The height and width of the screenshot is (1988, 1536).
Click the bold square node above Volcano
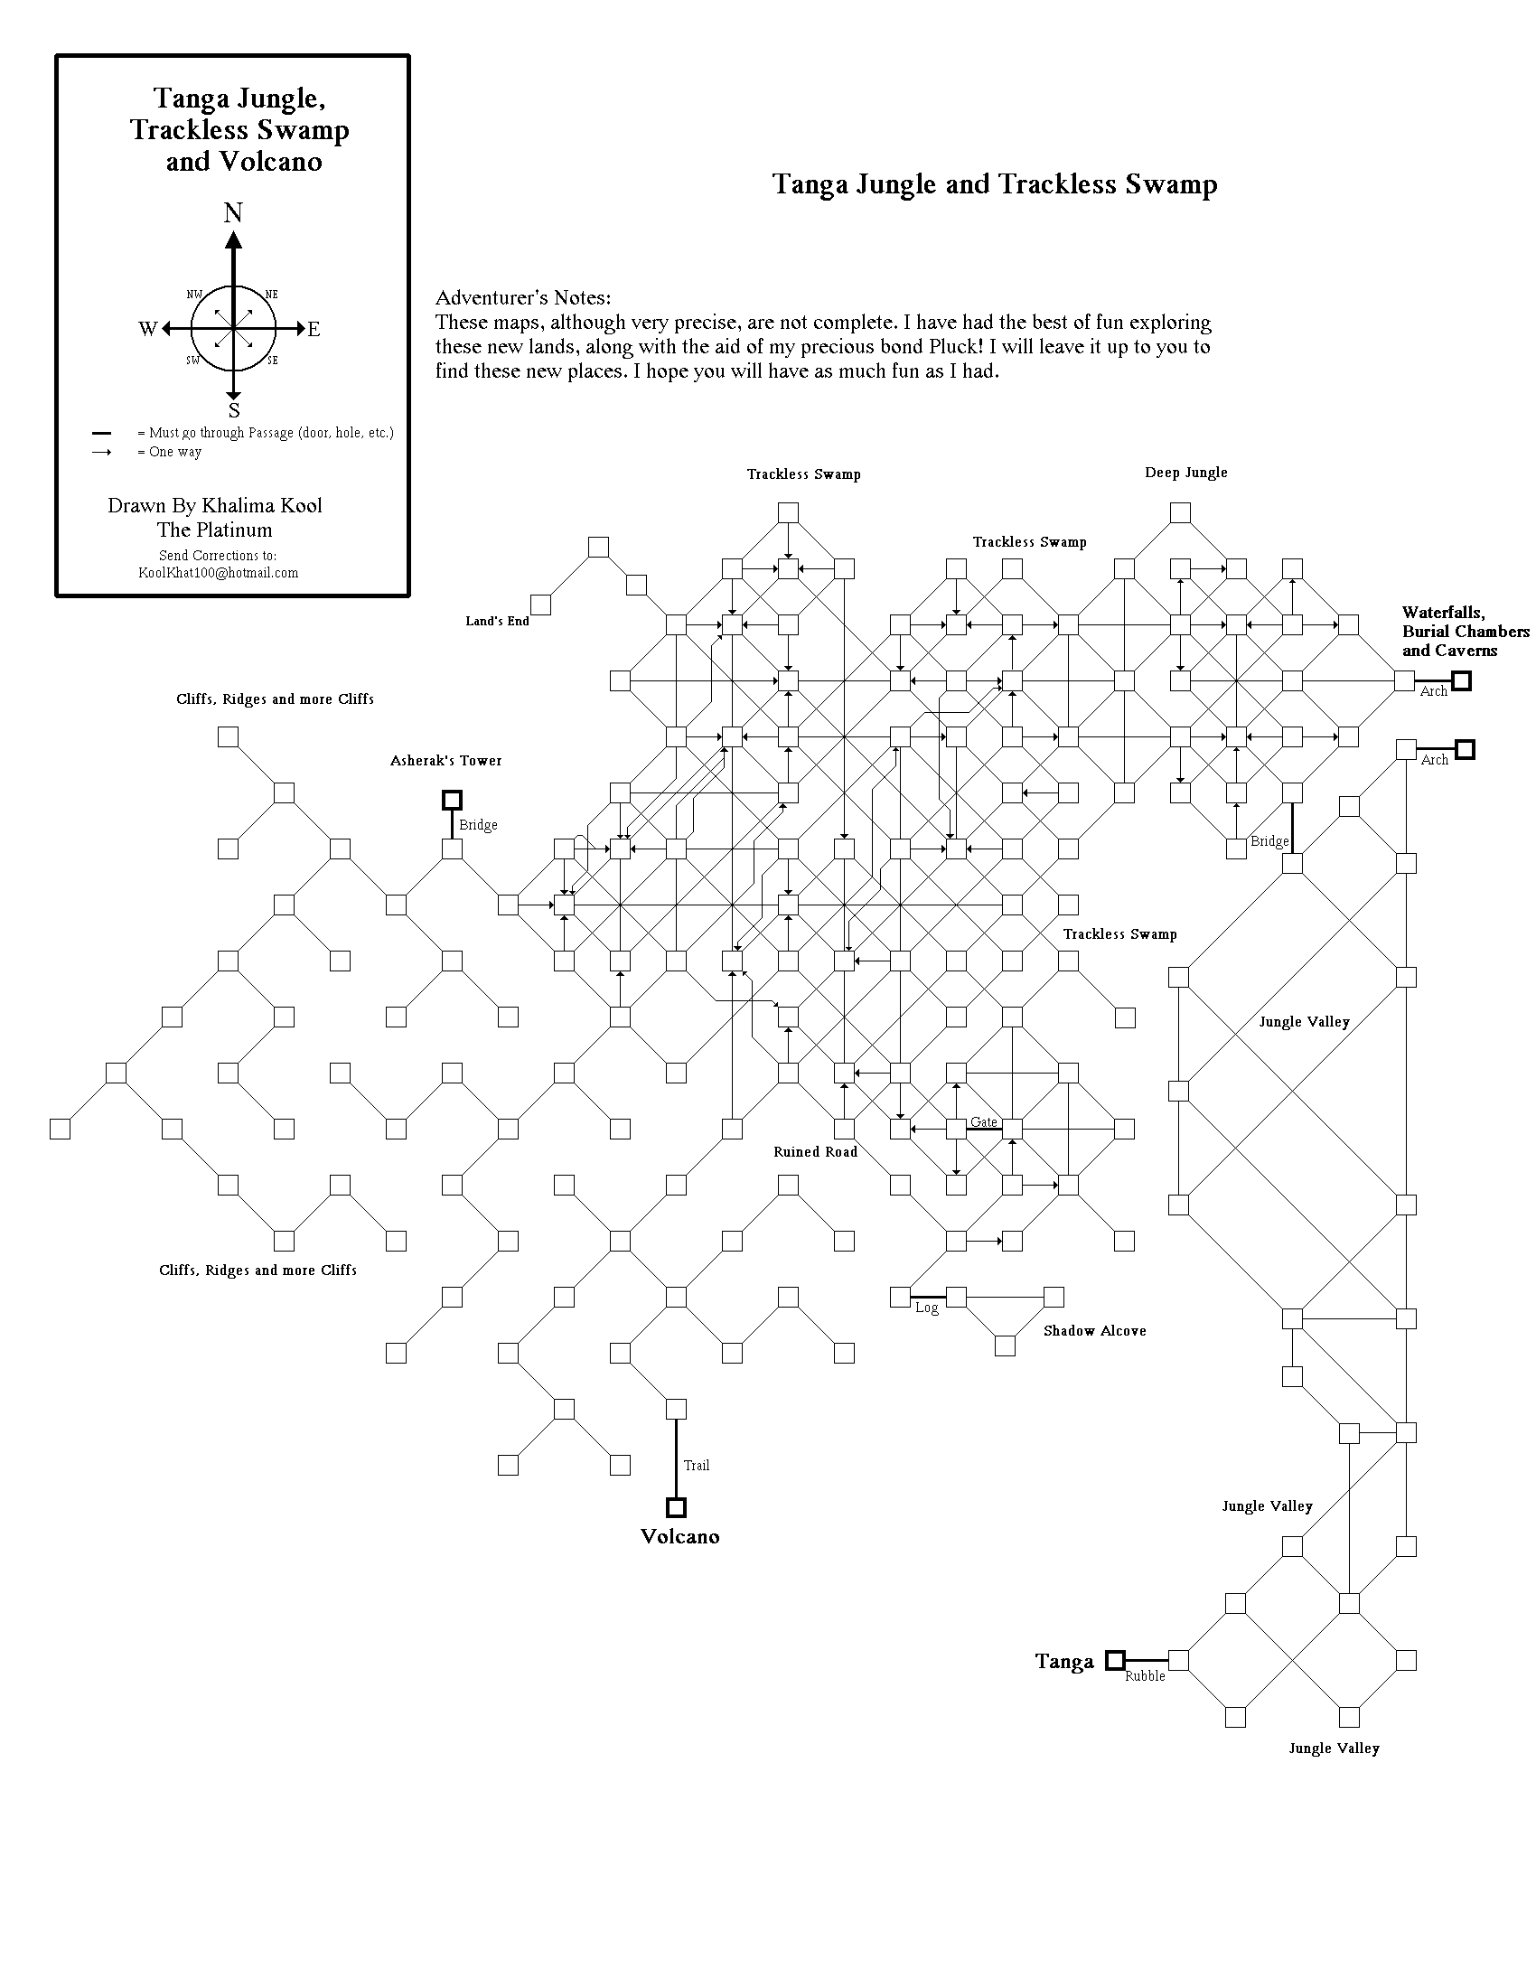(x=676, y=1507)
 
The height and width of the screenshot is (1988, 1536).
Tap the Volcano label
(x=679, y=1536)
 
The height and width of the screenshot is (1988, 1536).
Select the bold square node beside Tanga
(x=1115, y=1660)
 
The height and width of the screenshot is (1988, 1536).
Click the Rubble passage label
(x=1145, y=1675)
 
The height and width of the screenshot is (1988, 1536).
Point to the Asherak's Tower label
(x=445, y=761)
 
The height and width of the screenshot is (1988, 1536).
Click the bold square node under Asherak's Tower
(x=452, y=800)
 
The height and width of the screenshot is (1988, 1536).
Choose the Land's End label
(x=497, y=621)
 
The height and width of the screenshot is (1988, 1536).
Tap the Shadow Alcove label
(x=1095, y=1331)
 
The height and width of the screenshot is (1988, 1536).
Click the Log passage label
(x=926, y=1308)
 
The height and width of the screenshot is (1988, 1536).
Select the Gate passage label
(x=984, y=1121)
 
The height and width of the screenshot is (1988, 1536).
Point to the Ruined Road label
(x=815, y=1152)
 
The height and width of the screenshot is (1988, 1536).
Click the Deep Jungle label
(x=1185, y=473)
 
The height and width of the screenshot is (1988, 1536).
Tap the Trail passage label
(x=696, y=1465)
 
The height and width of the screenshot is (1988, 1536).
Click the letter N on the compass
(x=234, y=213)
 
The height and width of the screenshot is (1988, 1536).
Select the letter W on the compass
(x=147, y=330)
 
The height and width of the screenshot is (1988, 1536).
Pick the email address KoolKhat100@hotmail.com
(x=218, y=573)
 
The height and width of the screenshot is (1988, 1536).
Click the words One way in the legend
(x=175, y=453)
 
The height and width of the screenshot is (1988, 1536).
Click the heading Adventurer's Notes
(x=523, y=297)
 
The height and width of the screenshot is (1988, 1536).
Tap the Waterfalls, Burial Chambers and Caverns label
(x=1465, y=632)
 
